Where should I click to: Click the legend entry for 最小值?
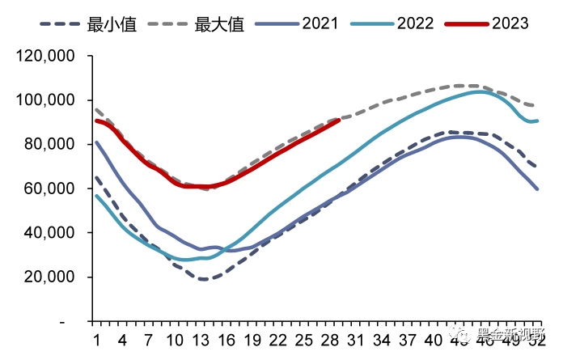pos(111,24)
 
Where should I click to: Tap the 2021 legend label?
pos(321,24)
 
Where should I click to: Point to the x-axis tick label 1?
pos(96,337)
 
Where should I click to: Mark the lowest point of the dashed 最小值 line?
pos(203,279)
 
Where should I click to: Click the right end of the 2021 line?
pos(538,188)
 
